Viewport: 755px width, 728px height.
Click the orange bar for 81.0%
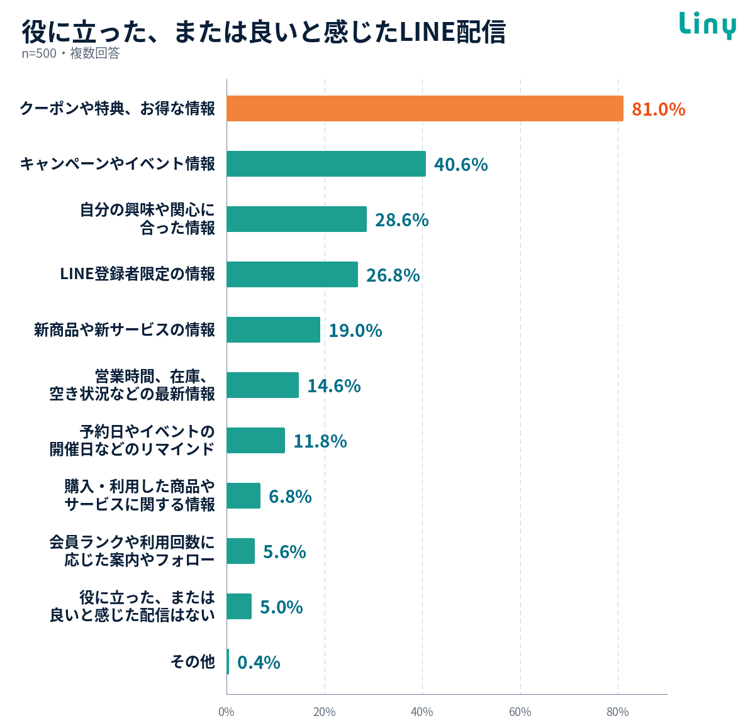[425, 108]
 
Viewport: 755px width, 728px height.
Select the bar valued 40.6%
[326, 163]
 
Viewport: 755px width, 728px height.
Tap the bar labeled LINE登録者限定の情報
[292, 274]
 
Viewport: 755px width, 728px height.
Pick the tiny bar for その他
[228, 661]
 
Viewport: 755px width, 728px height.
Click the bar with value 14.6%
[262, 385]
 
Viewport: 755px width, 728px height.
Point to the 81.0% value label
[658, 109]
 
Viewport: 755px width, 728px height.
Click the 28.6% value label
[401, 220]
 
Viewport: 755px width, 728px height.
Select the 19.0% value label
[355, 330]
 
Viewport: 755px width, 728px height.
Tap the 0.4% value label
[259, 662]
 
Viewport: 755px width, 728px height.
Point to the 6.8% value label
[290, 496]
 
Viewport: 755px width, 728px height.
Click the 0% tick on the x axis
[226, 712]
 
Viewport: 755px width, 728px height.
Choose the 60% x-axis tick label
[520, 712]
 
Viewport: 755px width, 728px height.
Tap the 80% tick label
[618, 712]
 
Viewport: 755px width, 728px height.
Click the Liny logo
[707, 25]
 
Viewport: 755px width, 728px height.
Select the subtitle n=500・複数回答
[70, 53]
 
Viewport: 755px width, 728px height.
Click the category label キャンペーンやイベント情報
[118, 163]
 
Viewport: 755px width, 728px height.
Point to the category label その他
[193, 661]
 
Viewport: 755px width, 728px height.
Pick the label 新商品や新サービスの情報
[125, 329]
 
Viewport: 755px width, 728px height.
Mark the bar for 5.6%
[240, 551]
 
